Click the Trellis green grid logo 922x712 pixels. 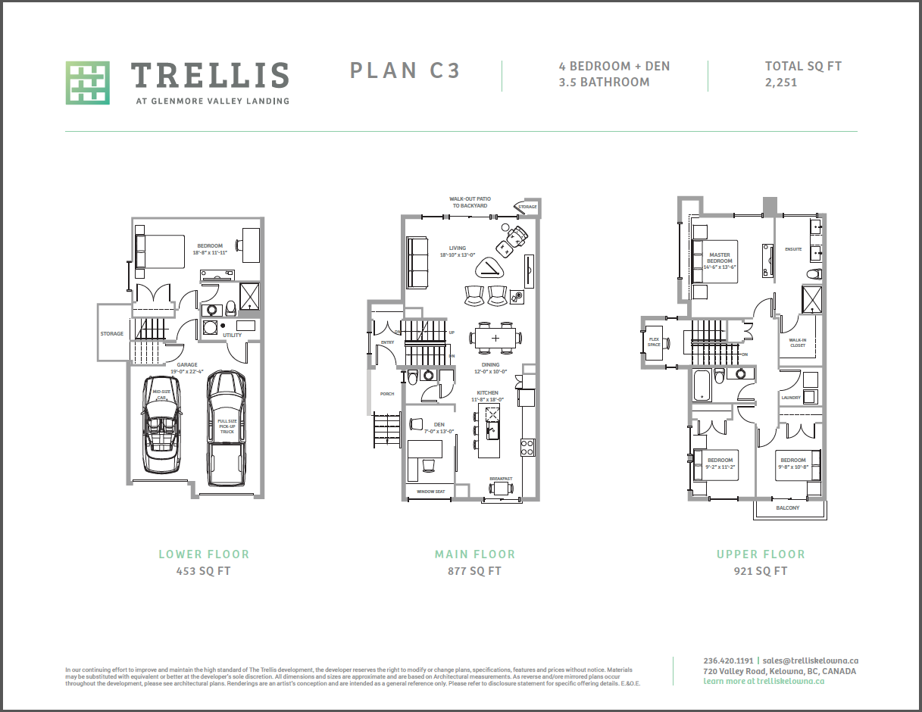coord(87,83)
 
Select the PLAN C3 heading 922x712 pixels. coord(405,70)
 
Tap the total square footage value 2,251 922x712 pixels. coord(781,83)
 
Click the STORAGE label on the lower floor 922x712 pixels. coord(112,334)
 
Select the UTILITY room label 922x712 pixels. coord(232,334)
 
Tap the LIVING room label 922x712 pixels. coord(458,248)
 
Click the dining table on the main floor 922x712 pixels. coord(495,338)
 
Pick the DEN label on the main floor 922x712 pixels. coord(439,424)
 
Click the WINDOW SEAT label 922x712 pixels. coord(432,492)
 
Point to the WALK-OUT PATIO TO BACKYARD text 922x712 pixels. coord(470,202)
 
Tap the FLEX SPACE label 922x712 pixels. coord(654,342)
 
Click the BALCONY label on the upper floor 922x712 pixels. coord(788,507)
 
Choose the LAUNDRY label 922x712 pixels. coord(791,398)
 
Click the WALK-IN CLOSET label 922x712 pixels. coord(798,342)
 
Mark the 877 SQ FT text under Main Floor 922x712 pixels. coord(474,571)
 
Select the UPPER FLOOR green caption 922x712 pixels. coord(761,554)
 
